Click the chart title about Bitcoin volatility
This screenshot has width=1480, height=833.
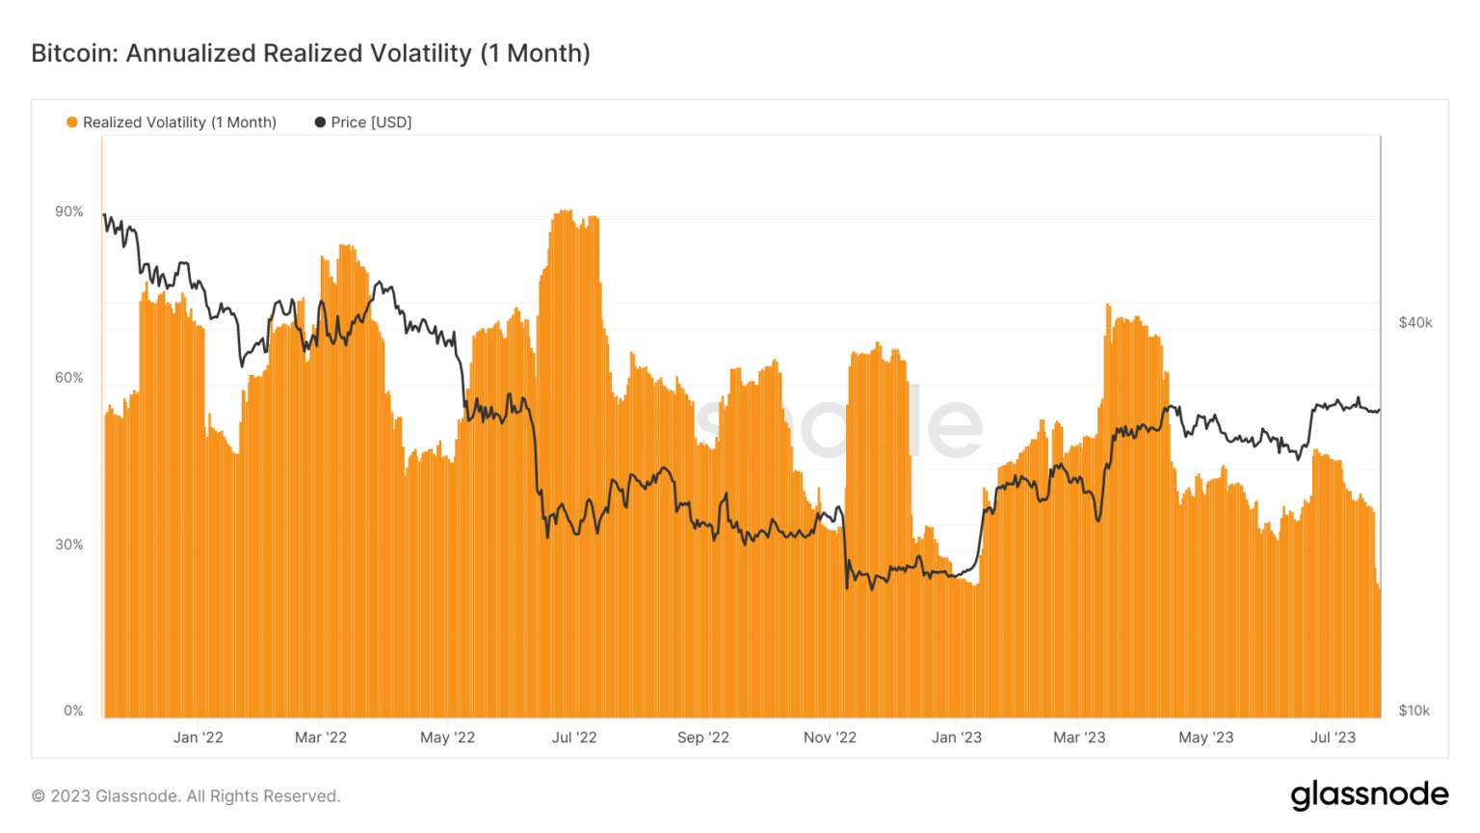pyautogui.click(x=310, y=53)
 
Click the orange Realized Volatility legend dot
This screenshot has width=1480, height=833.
pyautogui.click(x=72, y=122)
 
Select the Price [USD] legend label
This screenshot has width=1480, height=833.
pyautogui.click(x=371, y=122)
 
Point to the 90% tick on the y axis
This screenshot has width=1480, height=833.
pyautogui.click(x=69, y=212)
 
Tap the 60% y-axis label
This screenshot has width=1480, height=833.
pyautogui.click(x=69, y=378)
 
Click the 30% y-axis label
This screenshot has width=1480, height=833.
pyautogui.click(x=69, y=545)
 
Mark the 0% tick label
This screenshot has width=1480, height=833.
pyautogui.click(x=73, y=711)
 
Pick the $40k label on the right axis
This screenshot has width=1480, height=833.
pyautogui.click(x=1414, y=323)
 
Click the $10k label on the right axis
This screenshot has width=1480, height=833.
pyautogui.click(x=1414, y=711)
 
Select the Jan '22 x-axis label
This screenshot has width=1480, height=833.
pyautogui.click(x=198, y=738)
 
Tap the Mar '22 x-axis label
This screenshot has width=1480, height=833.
pyautogui.click(x=321, y=738)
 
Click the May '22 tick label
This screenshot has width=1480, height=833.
pyautogui.click(x=448, y=738)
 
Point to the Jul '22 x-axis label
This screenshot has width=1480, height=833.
pyautogui.click(x=574, y=738)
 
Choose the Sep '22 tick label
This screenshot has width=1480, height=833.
pyautogui.click(x=703, y=738)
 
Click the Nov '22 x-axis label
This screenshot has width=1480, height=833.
pyautogui.click(x=830, y=738)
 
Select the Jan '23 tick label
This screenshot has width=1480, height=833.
pyautogui.click(x=957, y=738)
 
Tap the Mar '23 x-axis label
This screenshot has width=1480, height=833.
pyautogui.click(x=1079, y=738)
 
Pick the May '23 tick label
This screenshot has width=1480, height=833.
pyautogui.click(x=1206, y=738)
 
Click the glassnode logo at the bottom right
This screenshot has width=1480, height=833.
pyautogui.click(x=1369, y=794)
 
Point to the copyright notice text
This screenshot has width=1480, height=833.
pyautogui.click(x=186, y=796)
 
